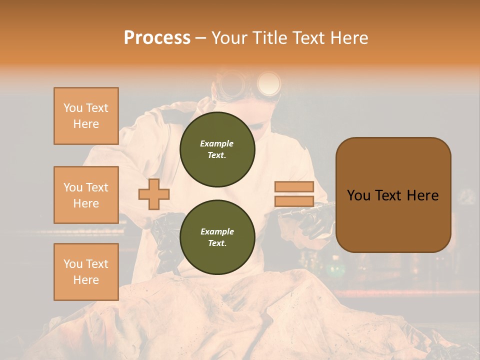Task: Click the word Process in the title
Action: (157, 38)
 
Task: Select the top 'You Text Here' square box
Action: (86, 116)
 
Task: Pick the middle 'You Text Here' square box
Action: (86, 195)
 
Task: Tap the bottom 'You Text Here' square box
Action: (86, 272)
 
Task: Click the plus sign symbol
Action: (153, 194)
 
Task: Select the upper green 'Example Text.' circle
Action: (217, 149)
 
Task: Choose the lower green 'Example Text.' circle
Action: (217, 237)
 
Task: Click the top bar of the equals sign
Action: (294, 187)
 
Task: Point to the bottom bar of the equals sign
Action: (294, 201)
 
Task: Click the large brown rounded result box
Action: (393, 195)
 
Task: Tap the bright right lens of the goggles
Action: (269, 82)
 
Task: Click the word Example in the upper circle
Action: (216, 143)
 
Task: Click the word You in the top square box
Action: (72, 108)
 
